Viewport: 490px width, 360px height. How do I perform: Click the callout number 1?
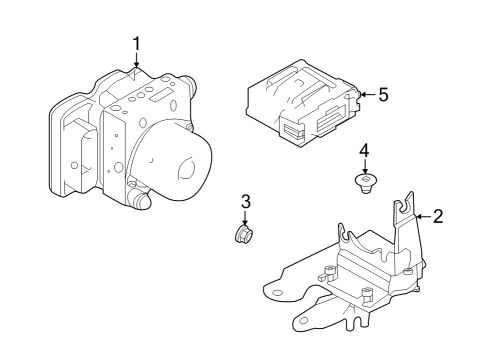point(137,43)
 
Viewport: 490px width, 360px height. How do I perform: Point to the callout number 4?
point(365,150)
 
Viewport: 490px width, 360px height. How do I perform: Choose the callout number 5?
point(382,95)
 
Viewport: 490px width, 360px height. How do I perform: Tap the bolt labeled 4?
point(367,182)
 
